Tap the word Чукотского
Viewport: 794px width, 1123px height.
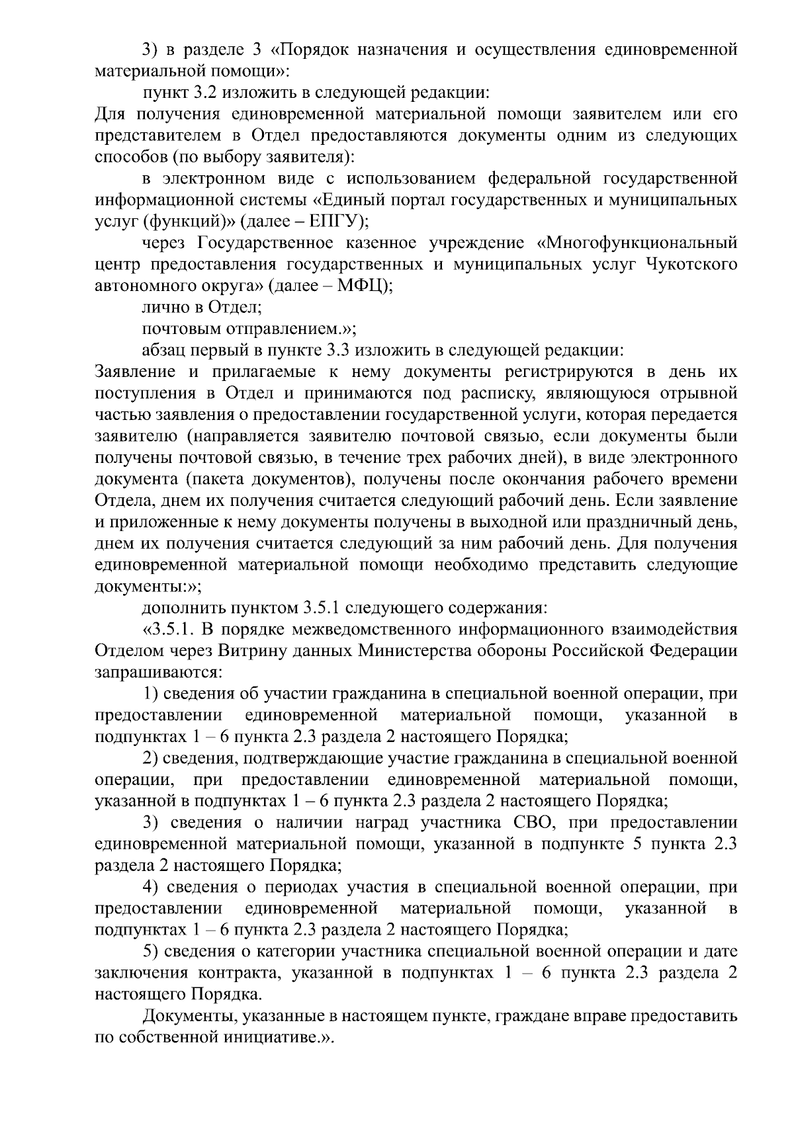pyautogui.click(x=691, y=265)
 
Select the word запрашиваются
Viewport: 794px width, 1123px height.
pyautogui.click(x=158, y=673)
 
